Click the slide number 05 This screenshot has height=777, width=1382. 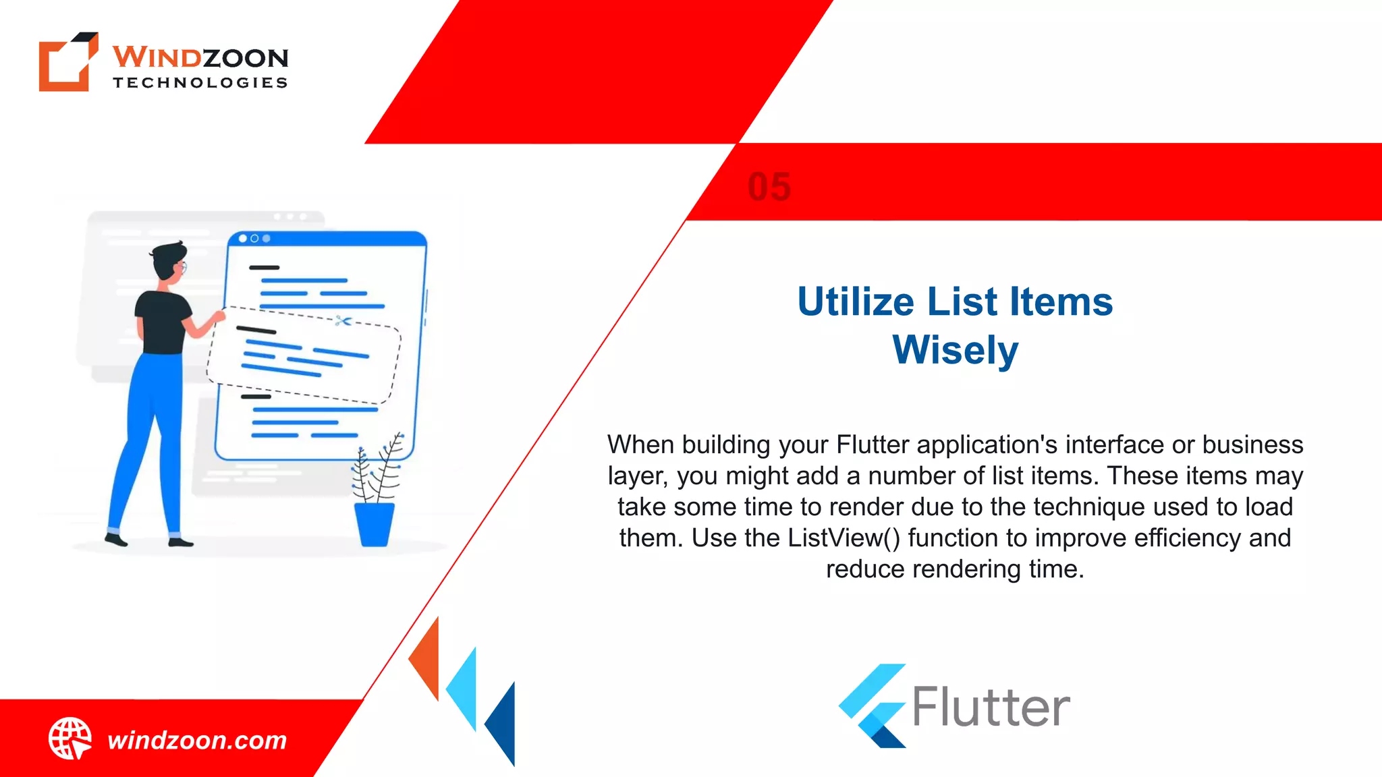pyautogui.click(x=769, y=187)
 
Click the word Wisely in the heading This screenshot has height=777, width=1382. pyautogui.click(x=955, y=350)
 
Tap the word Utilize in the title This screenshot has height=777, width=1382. pyautogui.click(x=856, y=301)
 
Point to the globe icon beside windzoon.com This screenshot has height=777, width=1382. pyautogui.click(x=70, y=739)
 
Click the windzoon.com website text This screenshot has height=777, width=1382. pyautogui.click(x=197, y=741)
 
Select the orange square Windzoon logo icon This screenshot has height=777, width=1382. pyautogui.click(x=66, y=62)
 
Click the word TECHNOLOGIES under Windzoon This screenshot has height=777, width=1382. pyautogui.click(x=200, y=83)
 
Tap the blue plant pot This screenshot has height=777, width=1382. pyautogui.click(x=375, y=524)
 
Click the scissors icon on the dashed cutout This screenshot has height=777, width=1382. pyautogui.click(x=343, y=321)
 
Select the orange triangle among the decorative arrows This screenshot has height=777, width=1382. pyautogui.click(x=427, y=658)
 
